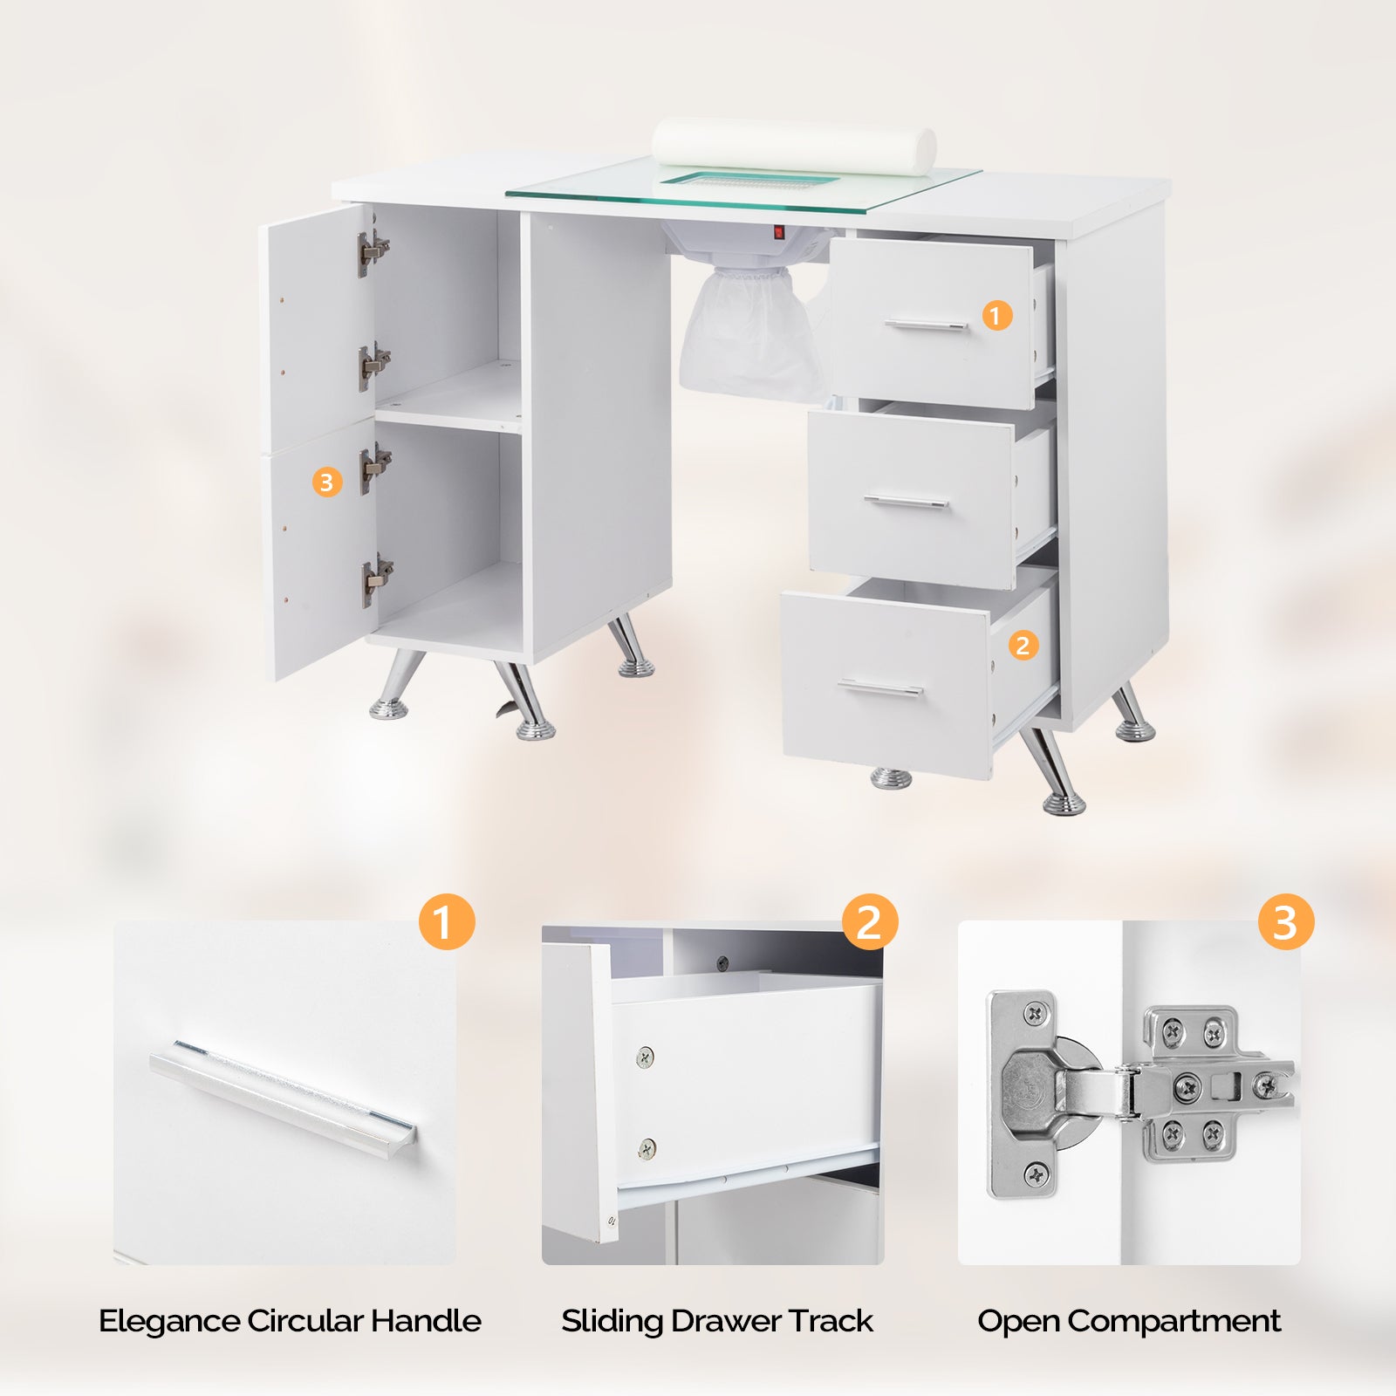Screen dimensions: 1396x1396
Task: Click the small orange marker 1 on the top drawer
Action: tap(997, 315)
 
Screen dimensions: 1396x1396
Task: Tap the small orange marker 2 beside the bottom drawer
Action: tap(1023, 646)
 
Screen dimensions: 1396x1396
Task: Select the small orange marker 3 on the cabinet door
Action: tap(326, 482)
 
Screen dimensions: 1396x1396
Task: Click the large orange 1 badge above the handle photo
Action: tap(447, 922)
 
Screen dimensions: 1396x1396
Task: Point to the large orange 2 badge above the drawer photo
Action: tap(870, 922)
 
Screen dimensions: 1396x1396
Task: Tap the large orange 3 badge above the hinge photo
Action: tap(1286, 922)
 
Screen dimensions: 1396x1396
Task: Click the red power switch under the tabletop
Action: tap(779, 233)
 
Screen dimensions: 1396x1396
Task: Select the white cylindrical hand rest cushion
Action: tap(794, 146)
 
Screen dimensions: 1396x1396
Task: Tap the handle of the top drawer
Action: tap(926, 325)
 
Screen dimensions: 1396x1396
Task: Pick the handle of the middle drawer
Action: tap(906, 501)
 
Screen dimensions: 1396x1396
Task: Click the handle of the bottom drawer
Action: tap(880, 688)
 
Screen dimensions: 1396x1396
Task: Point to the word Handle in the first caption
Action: tap(426, 1321)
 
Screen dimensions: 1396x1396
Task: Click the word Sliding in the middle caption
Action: tap(612, 1322)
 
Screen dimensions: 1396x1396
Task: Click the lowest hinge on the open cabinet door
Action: tap(377, 579)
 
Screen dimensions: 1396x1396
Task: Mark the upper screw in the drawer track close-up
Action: tap(645, 1057)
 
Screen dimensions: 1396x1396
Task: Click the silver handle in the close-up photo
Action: tap(283, 1098)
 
